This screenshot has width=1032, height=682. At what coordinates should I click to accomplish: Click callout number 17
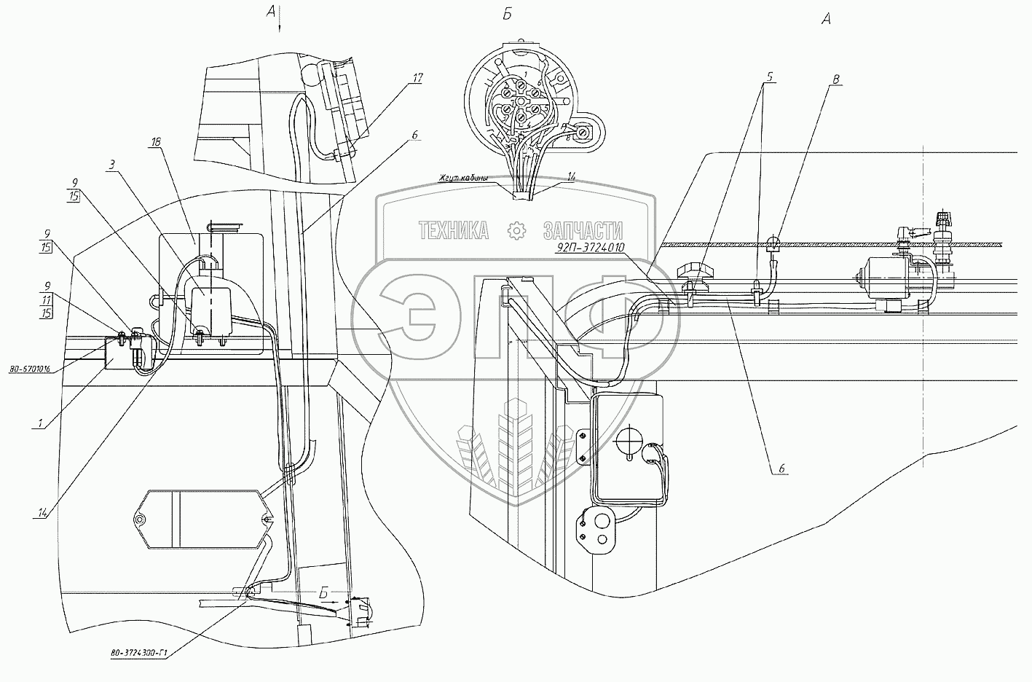pyautogui.click(x=417, y=78)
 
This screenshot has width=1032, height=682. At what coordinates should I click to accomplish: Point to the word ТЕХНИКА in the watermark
pyautogui.click(x=453, y=232)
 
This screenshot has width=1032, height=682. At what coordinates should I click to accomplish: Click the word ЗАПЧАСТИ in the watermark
pyautogui.click(x=583, y=232)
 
